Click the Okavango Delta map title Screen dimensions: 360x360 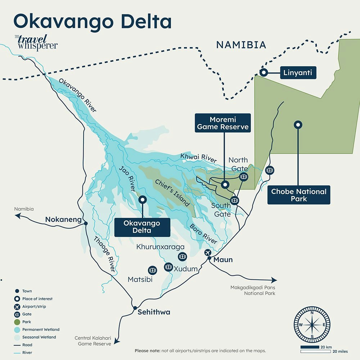click(92, 21)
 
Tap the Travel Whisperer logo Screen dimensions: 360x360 click(36, 43)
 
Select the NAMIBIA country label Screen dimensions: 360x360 click(241, 45)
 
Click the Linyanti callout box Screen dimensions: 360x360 click(298, 73)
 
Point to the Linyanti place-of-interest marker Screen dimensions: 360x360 click(264, 73)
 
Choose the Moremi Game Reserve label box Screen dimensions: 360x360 click(222, 123)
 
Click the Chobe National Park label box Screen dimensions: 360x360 click(298, 195)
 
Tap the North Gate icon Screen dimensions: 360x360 click(244, 176)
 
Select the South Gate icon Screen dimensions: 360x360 click(235, 201)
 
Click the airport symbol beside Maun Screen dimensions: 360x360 click(208, 252)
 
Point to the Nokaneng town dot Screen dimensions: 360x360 click(86, 224)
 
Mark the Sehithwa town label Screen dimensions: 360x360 click(154, 312)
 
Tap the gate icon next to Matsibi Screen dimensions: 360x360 click(152, 270)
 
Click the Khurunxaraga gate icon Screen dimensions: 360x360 click(182, 256)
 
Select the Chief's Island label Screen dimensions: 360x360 click(172, 193)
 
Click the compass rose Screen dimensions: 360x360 click(312, 324)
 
